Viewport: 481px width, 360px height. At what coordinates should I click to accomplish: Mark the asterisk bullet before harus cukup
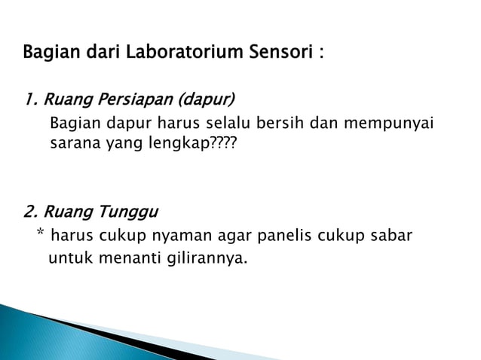[x=40, y=235]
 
